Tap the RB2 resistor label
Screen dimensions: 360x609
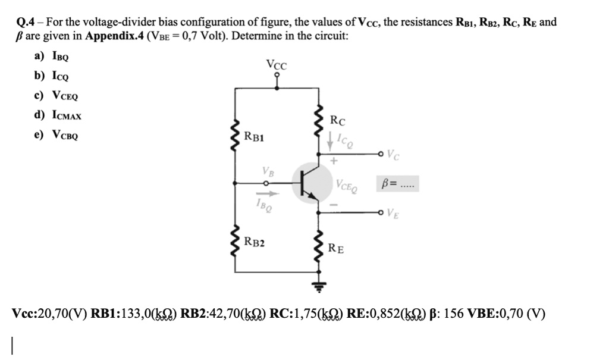click(255, 242)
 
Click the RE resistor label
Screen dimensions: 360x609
click(336, 248)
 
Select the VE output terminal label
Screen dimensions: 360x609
click(393, 212)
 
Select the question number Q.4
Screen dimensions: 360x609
click(26, 23)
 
